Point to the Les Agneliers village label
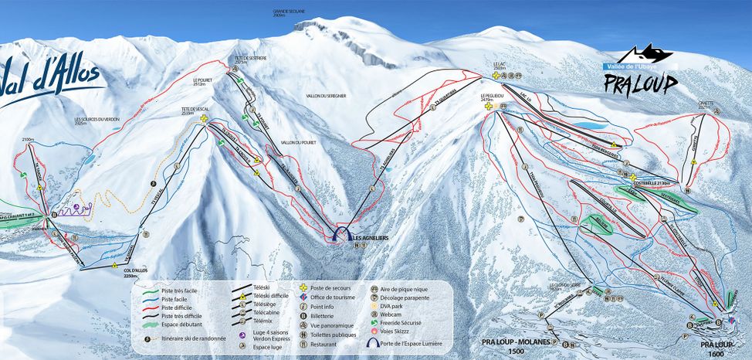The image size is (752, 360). (x=370, y=238)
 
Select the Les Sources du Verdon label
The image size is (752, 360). (x=97, y=121)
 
